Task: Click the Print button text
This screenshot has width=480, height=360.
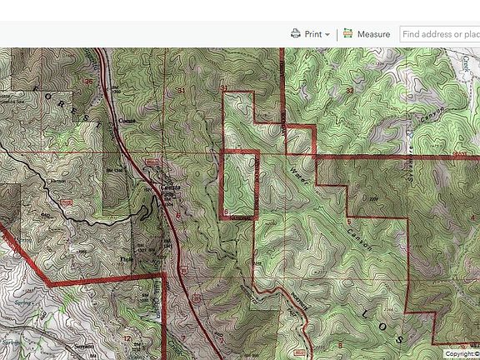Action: tap(313, 34)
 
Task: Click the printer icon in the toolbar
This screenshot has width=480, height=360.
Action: tap(296, 34)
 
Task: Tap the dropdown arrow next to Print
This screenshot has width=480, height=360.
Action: tap(327, 35)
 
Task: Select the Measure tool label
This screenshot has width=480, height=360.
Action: tap(373, 34)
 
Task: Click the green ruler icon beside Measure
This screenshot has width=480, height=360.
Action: tap(348, 34)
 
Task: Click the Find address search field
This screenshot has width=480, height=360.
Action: tap(439, 34)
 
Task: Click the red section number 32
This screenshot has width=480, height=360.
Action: tap(350, 89)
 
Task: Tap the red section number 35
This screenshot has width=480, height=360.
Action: tap(89, 82)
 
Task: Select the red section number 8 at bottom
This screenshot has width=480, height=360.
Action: tap(339, 343)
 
